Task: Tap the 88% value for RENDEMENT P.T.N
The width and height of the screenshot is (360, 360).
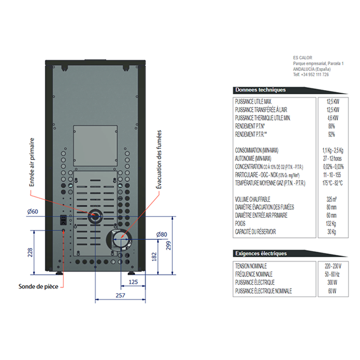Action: tap(332, 126)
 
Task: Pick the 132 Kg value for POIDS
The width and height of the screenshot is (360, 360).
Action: tap(332, 224)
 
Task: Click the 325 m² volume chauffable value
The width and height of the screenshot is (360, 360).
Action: tap(332, 199)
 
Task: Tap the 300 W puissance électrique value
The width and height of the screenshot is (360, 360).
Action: tap(332, 283)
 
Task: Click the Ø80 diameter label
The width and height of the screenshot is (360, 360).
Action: tap(162, 234)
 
